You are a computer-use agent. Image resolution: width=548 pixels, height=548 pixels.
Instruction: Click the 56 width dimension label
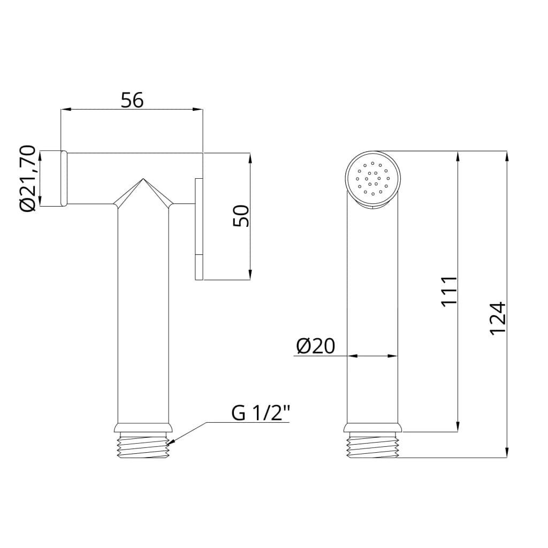[x=132, y=100]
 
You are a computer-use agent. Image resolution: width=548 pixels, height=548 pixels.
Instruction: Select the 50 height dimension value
[x=241, y=216]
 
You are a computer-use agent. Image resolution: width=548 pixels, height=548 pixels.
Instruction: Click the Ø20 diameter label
[x=316, y=346]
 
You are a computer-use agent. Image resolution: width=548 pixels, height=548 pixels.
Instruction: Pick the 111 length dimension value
[x=449, y=292]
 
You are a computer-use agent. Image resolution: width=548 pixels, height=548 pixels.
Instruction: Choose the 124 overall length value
[x=498, y=319]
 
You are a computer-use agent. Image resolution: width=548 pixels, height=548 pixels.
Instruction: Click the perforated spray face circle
[x=373, y=179]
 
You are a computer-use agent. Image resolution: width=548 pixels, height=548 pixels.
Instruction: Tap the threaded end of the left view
[x=143, y=445]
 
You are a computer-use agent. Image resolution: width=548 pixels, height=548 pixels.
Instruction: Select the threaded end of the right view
[x=372, y=445]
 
